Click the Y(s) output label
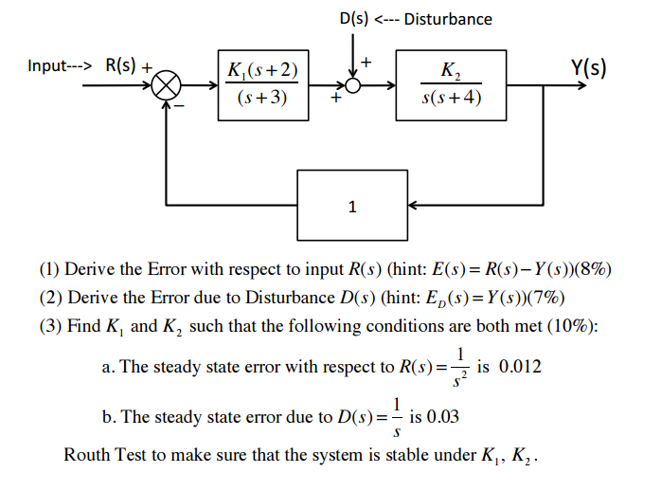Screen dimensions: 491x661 pyautogui.click(x=588, y=67)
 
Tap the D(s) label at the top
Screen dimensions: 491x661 pyautogui.click(x=355, y=19)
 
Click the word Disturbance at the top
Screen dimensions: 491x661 pyautogui.click(x=448, y=19)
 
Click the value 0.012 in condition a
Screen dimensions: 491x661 pyautogui.click(x=520, y=366)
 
